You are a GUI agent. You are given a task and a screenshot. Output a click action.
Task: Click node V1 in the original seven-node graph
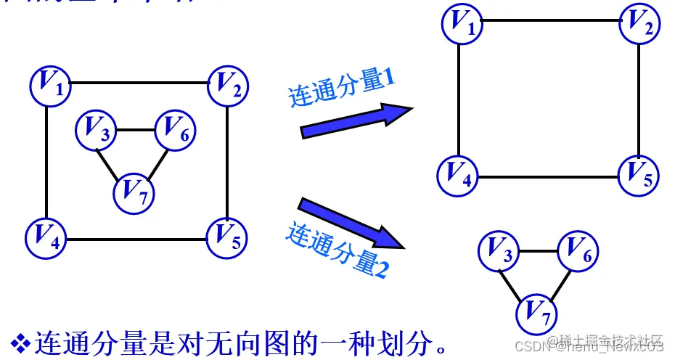click(49, 84)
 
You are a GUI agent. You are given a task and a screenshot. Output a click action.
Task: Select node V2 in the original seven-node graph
click(228, 85)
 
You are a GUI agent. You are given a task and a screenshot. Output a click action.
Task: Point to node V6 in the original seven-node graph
click(176, 129)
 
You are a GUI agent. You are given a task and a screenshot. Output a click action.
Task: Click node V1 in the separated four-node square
click(462, 22)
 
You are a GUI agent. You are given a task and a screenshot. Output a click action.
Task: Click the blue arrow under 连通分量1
click(356, 120)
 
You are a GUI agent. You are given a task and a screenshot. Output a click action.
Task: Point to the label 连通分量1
click(341, 89)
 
